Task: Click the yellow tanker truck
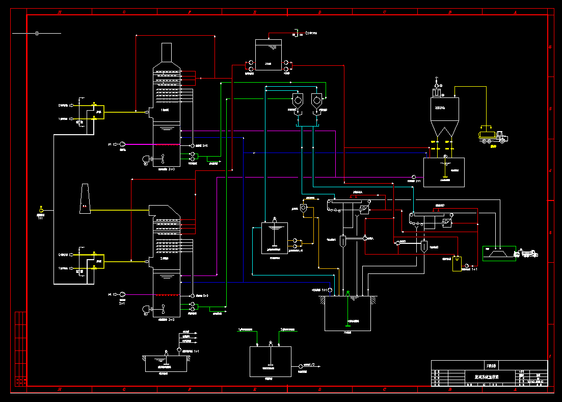(493, 136)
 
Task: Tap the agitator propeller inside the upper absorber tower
(163, 158)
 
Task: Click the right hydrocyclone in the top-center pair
(317, 101)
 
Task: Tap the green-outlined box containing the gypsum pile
(499, 253)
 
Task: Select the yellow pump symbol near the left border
(42, 210)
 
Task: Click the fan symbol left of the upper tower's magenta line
(122, 144)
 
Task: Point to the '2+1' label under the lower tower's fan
(122, 303)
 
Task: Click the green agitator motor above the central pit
(347, 292)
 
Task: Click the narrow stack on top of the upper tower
(167, 53)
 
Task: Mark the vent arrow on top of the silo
(437, 80)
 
